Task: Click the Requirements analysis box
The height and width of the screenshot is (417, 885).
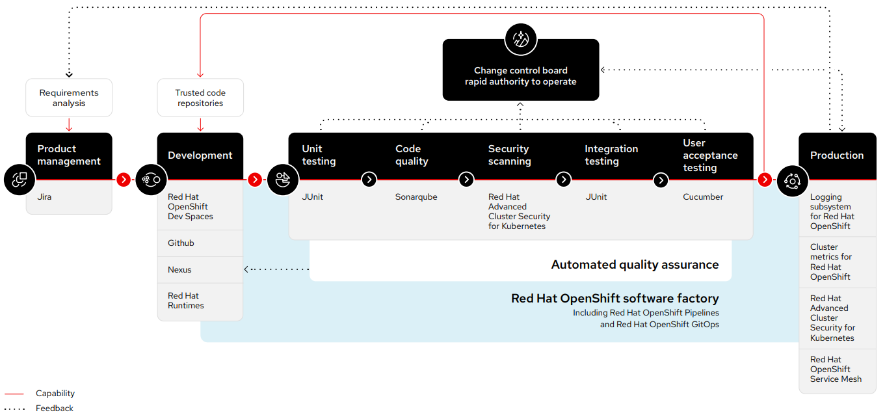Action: coord(69,98)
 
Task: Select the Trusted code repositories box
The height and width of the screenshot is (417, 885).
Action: coord(200,98)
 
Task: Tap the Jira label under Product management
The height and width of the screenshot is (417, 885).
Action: coord(45,196)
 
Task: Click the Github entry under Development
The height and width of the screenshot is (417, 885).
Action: coord(181,243)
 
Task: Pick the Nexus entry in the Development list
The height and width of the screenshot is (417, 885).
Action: coord(179,269)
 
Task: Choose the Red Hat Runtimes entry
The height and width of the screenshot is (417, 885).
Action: coord(186,301)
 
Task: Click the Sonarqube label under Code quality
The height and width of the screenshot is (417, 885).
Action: coord(416,196)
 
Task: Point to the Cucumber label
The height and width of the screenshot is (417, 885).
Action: coord(703,196)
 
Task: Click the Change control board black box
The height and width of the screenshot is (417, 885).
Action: coord(520,76)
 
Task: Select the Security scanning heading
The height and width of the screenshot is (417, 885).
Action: coord(509,155)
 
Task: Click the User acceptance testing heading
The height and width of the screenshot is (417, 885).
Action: coord(709,155)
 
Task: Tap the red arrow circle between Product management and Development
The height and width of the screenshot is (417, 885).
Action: coord(123,180)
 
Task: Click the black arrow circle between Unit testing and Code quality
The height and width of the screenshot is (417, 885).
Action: coord(369,180)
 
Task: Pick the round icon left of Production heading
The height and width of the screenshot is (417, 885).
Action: coord(792,180)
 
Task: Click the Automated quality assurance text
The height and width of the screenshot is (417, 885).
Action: coord(635,265)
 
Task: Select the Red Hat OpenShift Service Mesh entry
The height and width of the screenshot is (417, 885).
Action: coord(836,369)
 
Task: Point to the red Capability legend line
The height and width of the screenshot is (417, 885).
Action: coord(14,394)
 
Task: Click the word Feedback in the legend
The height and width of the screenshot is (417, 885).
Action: coord(55,409)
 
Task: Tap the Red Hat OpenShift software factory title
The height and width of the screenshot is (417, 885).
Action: coord(614,299)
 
